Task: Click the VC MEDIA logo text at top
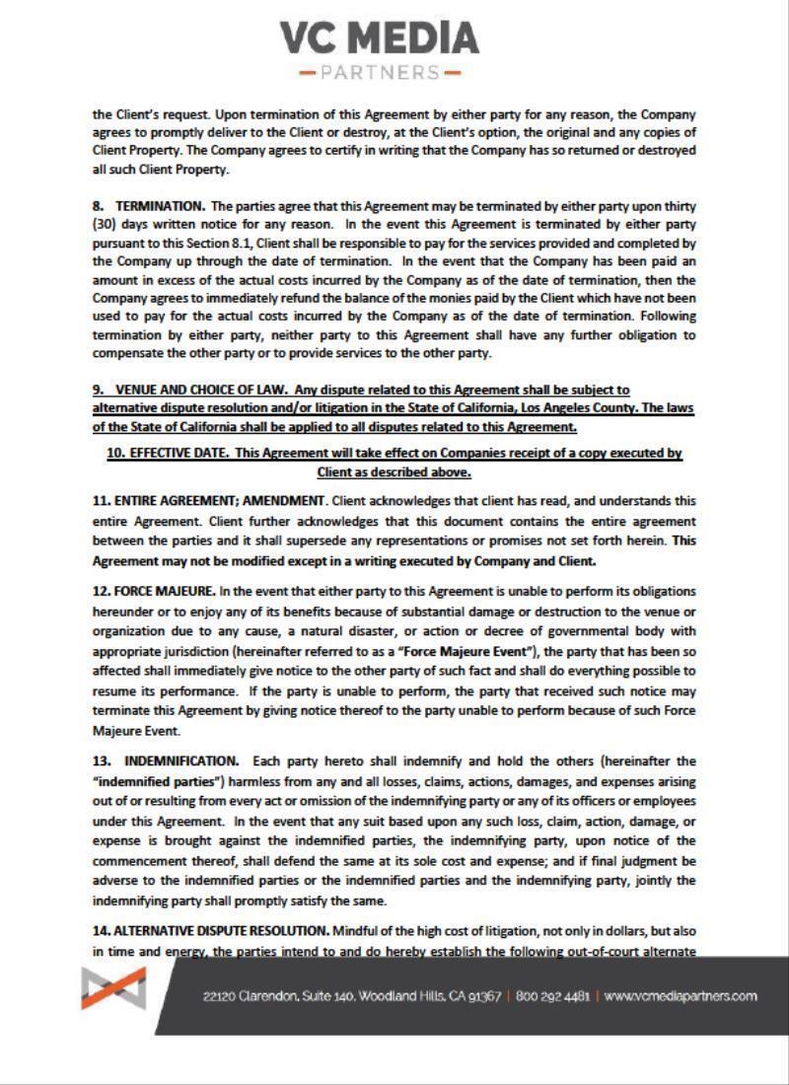coord(381,38)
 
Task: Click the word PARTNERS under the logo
coord(381,73)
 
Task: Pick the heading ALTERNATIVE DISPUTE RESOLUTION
coord(222,930)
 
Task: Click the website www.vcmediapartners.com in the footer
coord(681,996)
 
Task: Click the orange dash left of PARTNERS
coord(306,73)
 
